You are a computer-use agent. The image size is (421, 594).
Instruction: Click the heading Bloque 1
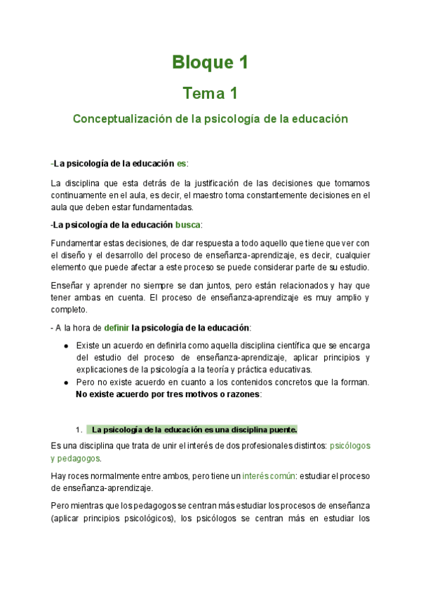(210, 62)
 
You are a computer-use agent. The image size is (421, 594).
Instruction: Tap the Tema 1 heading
(210, 93)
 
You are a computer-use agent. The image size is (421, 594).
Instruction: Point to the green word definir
(116, 328)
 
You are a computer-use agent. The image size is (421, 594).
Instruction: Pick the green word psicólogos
(350, 445)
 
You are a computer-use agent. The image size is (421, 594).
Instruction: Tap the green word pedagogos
(79, 458)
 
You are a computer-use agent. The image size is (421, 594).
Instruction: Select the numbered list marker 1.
(79, 429)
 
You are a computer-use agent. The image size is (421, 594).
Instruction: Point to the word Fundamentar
(76, 242)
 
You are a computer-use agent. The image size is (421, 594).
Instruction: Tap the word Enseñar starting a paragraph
(68, 285)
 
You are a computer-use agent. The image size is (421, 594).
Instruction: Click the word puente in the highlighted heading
(282, 429)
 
